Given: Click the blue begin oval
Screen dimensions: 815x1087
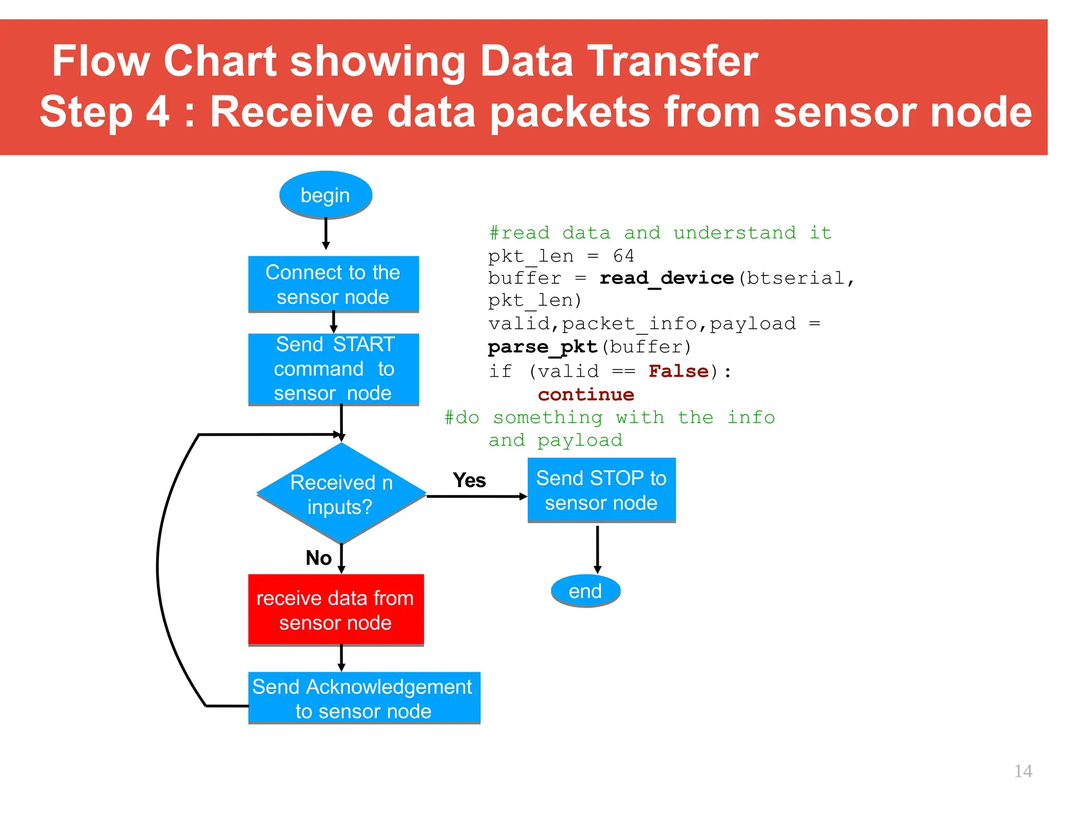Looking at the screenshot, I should (x=325, y=195).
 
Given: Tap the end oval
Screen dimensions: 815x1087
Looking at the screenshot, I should (x=585, y=591).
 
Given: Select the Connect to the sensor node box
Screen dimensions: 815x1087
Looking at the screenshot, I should (x=333, y=284).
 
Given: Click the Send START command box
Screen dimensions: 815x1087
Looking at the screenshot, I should (x=333, y=369).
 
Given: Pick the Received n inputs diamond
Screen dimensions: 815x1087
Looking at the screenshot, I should (x=341, y=493).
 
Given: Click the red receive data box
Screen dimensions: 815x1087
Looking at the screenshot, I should (x=335, y=610).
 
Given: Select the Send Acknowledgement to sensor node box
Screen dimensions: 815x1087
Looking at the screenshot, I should (x=364, y=698).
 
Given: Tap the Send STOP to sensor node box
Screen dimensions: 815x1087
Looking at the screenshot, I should (x=601, y=490).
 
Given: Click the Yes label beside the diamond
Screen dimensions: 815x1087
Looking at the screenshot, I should (x=469, y=480).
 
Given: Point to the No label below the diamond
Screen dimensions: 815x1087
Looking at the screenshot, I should (x=318, y=558).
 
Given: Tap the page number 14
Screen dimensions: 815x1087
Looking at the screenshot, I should (x=1023, y=771).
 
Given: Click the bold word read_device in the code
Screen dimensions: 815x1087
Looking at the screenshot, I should (x=667, y=278).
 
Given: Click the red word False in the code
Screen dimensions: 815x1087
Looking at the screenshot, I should (x=678, y=371).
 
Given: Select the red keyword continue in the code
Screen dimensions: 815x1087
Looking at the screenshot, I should (x=586, y=394).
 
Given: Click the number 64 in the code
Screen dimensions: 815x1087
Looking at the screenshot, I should (x=623, y=256).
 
